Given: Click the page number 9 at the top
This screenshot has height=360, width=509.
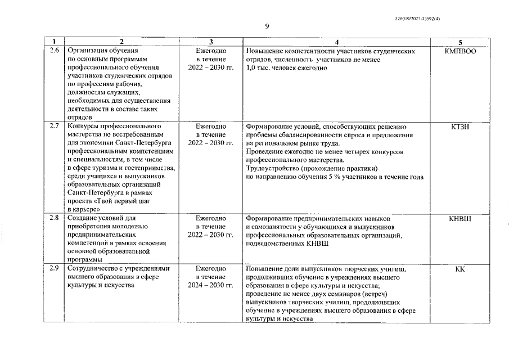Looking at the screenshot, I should [267, 26].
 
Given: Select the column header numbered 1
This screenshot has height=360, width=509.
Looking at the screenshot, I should [55, 42].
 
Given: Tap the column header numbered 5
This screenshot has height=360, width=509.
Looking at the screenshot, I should [460, 42].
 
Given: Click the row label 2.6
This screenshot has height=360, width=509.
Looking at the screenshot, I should [55, 51].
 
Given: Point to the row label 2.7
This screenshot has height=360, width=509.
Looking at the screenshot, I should [55, 127].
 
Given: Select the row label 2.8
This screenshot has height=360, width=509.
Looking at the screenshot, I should [55, 218].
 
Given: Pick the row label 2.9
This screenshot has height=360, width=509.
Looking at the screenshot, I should [55, 269].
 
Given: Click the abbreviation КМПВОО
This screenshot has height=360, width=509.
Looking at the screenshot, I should [460, 51].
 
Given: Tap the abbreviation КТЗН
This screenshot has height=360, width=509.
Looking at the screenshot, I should [460, 127].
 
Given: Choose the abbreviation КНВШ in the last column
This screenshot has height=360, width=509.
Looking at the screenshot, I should [460, 218].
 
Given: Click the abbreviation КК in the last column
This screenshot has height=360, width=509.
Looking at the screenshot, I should [460, 269].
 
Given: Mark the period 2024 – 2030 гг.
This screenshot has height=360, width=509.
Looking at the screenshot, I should [210, 285].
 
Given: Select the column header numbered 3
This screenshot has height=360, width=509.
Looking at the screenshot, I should [210, 42].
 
